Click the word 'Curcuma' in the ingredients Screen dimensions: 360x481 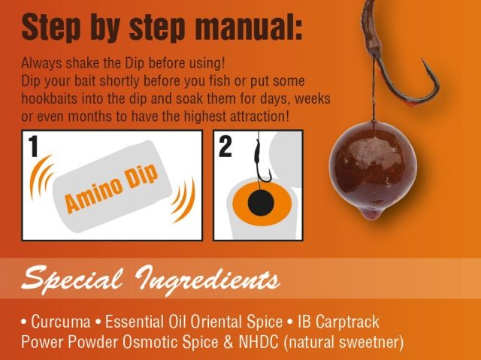(58, 322)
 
